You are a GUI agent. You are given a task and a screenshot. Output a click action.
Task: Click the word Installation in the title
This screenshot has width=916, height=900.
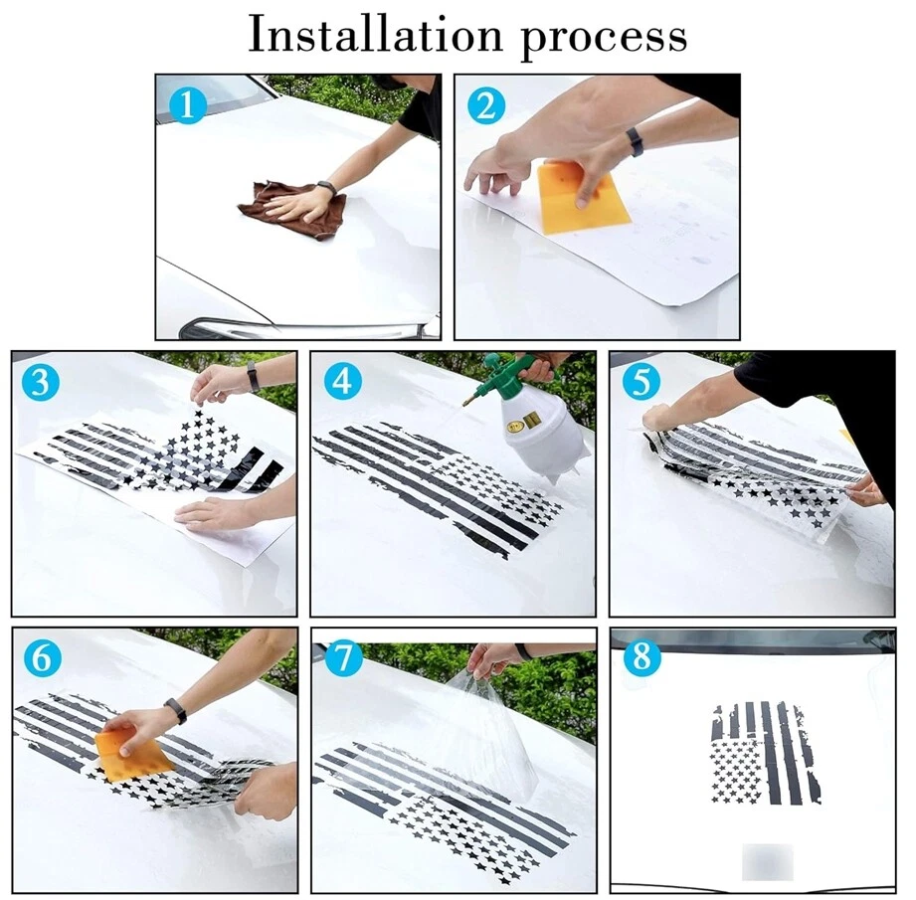375,35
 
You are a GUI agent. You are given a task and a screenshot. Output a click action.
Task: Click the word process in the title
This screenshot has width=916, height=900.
603,39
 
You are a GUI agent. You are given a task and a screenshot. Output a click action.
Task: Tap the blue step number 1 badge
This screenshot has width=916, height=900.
188,105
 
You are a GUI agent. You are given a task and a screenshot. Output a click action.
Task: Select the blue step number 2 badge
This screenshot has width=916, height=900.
486,105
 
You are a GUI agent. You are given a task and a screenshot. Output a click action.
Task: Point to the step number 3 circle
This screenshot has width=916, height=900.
41,382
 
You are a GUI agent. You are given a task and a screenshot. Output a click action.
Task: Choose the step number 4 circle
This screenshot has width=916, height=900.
342,382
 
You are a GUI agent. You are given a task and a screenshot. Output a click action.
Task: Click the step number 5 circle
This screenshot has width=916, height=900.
641,382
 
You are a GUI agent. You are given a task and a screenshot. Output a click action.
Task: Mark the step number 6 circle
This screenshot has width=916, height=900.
42,658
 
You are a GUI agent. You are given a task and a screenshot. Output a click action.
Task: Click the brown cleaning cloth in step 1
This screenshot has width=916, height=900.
292,209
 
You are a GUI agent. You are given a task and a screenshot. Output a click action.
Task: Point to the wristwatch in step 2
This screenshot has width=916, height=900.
634,142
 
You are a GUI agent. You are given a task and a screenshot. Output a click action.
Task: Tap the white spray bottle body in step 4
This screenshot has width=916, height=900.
544,434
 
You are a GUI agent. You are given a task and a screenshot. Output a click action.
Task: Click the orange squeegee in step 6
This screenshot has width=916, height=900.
134,754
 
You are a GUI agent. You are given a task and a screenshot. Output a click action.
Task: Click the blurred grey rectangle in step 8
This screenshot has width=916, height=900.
768,862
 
